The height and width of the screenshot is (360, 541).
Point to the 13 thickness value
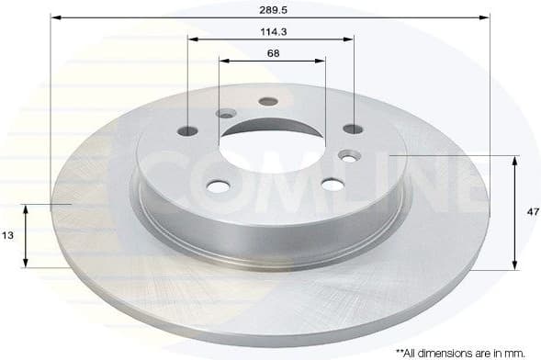coord(7,236)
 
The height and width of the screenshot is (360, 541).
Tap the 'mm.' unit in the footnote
coord(526,352)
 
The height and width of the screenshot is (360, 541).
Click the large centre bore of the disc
coord(273,143)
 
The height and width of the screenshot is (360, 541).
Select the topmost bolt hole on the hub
coord(267,101)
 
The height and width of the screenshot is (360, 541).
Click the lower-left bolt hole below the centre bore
coord(218,186)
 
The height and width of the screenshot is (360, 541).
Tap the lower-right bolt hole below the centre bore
coord(331,185)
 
